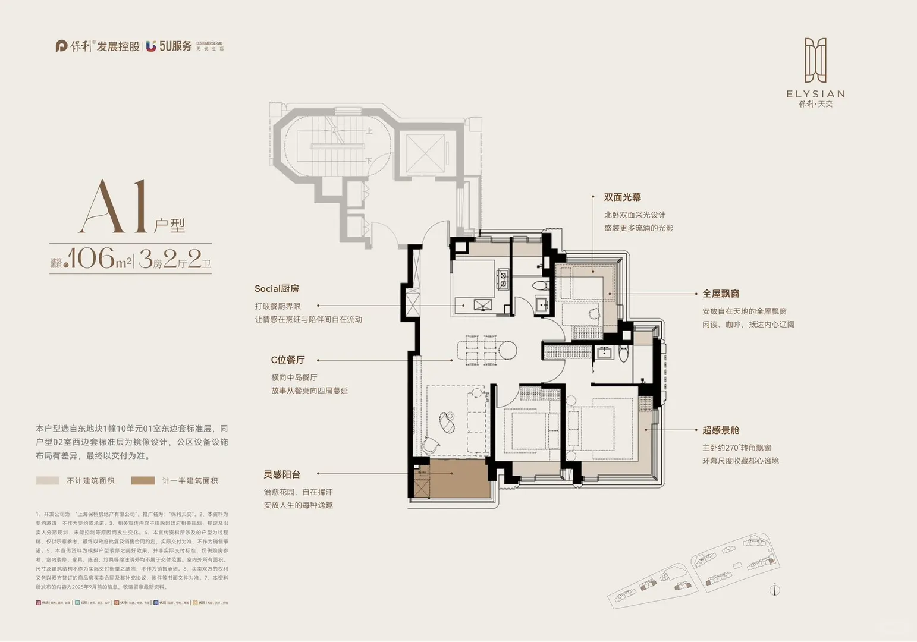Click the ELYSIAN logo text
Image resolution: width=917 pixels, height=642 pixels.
(815, 94)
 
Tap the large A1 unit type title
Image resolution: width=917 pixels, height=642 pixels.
(115, 207)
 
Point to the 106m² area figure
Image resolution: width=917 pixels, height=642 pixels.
(98, 259)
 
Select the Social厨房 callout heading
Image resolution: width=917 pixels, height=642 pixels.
(277, 289)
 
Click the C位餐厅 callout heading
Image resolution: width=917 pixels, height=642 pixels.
(288, 360)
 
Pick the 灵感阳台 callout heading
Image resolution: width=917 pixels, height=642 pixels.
(282, 474)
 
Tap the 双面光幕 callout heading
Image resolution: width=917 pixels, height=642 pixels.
(622, 197)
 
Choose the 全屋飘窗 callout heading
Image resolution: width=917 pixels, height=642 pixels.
(721, 294)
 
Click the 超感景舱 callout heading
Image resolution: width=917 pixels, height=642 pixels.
(721, 430)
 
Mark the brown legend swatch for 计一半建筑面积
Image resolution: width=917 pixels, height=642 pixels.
(143, 480)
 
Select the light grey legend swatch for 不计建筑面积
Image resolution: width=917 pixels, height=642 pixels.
(48, 480)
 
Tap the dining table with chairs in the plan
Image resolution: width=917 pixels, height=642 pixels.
(482, 350)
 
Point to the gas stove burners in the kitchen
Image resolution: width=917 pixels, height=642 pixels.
(503, 279)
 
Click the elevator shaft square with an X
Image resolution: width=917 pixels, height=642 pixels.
(425, 154)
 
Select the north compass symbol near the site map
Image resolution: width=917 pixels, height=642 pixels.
(774, 590)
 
